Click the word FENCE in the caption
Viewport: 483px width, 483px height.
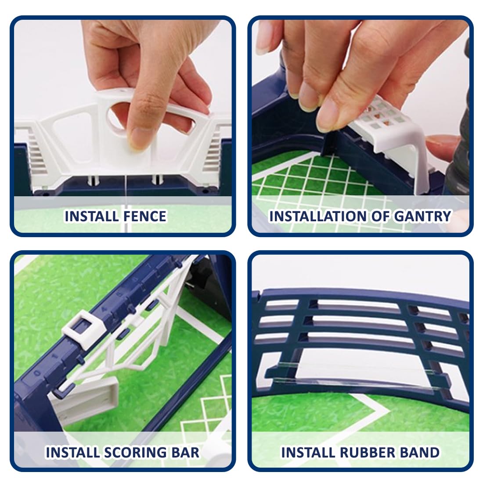[x=143, y=216]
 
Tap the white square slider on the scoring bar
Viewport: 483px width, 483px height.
[x=83, y=330]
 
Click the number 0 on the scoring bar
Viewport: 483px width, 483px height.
[x=37, y=373]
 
